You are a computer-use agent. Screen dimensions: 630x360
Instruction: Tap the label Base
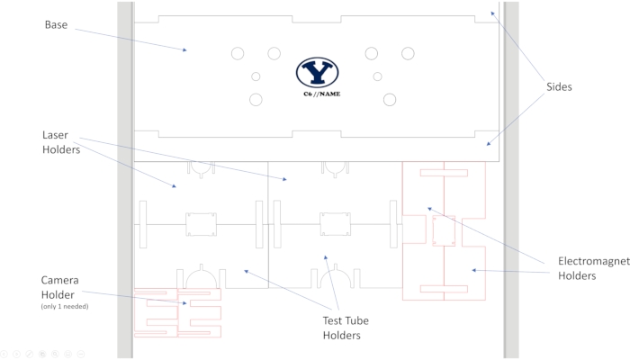pyautogui.click(x=57, y=23)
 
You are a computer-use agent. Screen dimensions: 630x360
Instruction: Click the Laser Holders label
pyautogui.click(x=62, y=143)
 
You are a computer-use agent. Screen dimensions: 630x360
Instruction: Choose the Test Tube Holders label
pyautogui.click(x=346, y=328)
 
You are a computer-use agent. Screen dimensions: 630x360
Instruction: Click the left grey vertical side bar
pyautogui.click(x=125, y=180)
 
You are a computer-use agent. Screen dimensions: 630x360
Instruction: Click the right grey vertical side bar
pyautogui.click(x=510, y=180)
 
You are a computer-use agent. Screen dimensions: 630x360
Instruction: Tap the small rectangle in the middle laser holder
pyautogui.click(x=335, y=224)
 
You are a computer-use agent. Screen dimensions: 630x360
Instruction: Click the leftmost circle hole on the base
pyautogui.click(x=238, y=54)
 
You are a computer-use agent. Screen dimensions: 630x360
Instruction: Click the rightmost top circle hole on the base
pyautogui.click(x=408, y=54)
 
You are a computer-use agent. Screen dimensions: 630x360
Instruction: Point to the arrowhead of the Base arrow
pyautogui.click(x=185, y=50)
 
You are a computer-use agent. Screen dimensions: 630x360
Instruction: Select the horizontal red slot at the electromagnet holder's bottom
pyautogui.click(x=445, y=288)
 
